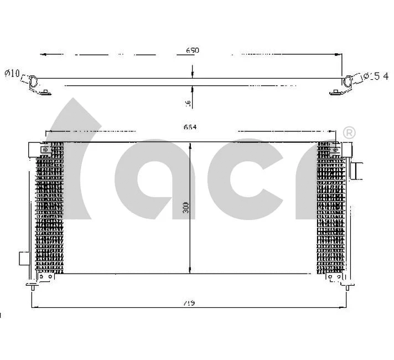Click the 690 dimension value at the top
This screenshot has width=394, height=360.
coord(192,50)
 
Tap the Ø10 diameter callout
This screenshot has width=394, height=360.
coord(12,74)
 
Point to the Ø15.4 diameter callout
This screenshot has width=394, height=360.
coord(374,76)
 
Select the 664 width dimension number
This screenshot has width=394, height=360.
coord(190,127)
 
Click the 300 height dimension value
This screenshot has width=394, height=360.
coord(186,207)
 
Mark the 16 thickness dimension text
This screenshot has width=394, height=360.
coord(188,102)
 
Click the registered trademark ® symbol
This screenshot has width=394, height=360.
coord(349,133)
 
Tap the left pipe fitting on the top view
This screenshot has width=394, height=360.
coord(34,81)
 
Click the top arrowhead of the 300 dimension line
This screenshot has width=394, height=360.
coord(191,146)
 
